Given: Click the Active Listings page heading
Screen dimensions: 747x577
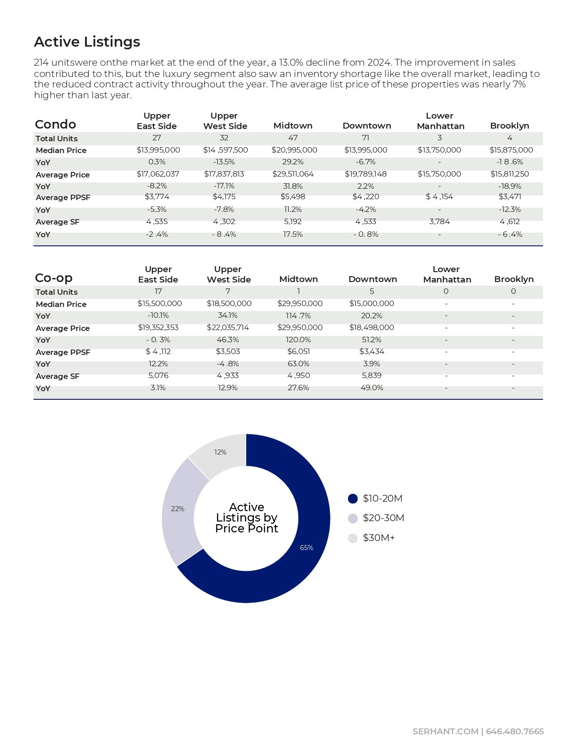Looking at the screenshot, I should point(87,42).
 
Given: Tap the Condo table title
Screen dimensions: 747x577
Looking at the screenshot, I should point(55,124).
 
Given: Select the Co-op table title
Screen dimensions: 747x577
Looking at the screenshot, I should point(53,278).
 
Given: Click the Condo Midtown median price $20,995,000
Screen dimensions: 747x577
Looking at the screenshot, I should point(294,150).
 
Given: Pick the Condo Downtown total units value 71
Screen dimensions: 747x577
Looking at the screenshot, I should point(366,138).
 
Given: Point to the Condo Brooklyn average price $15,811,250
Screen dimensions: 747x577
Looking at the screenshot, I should point(510,174).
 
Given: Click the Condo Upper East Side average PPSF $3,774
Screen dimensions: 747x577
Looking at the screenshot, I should point(157,196).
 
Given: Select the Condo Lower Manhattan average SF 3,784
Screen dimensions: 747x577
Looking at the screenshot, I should point(439,221).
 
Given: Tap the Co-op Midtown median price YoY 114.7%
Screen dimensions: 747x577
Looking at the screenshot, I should point(298,316).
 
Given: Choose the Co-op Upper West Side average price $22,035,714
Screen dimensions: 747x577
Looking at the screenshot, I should point(228,327).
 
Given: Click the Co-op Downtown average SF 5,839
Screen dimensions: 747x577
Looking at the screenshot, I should point(372,375).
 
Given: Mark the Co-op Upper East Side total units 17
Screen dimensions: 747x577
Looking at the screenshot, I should point(158,291).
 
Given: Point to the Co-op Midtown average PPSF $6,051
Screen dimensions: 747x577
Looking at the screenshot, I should point(298,351).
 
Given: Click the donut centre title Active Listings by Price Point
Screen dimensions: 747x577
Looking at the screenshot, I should point(246,517).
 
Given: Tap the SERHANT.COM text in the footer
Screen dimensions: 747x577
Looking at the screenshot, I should point(445,732).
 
